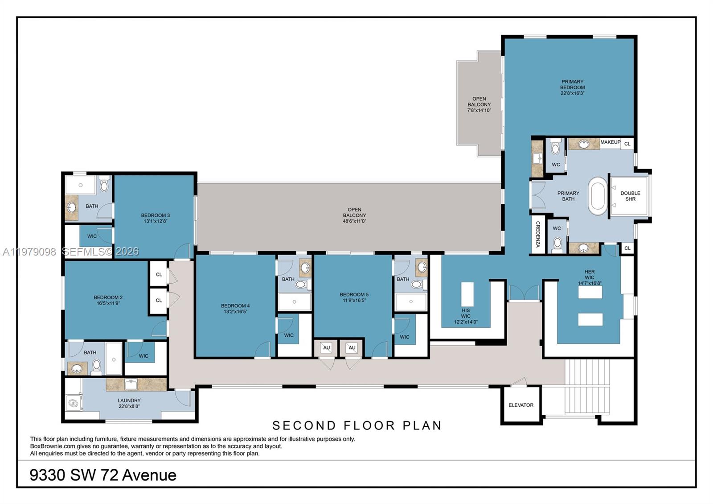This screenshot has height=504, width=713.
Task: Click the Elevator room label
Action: coord(520,405)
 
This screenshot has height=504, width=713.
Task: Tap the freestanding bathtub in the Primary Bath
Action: coord(598,196)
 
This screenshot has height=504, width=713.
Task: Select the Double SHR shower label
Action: coord(630,196)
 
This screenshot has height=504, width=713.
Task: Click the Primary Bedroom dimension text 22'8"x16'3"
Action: coord(572,93)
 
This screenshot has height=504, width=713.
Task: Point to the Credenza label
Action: coord(538,234)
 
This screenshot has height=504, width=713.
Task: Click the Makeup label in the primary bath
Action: coord(610,142)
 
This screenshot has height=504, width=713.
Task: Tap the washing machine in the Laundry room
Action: coord(74,403)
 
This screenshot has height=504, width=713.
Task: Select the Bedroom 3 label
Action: coord(155,215)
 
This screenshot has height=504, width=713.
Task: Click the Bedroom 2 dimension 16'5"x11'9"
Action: coord(108,303)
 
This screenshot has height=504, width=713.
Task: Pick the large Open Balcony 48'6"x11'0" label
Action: coord(354,215)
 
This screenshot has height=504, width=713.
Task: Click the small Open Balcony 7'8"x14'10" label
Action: coord(479,104)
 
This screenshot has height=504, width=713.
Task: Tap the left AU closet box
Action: coord(326,348)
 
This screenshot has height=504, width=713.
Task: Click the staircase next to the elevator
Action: coord(587,386)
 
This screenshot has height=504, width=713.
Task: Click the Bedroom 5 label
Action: coord(354,295)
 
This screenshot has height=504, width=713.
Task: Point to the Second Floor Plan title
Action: coord(356,426)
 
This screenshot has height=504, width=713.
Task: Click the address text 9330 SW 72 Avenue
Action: coord(103,475)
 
